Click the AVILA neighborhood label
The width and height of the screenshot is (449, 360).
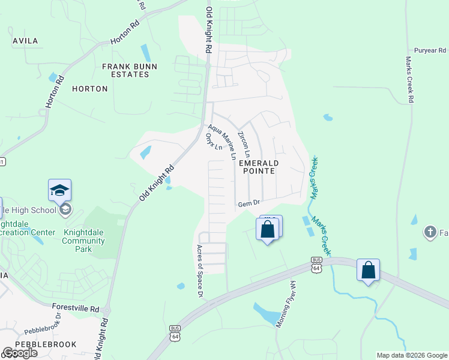coord(25,41)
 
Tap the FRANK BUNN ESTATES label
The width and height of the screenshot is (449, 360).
coord(125,70)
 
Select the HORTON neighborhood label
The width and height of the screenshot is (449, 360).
coord(89,89)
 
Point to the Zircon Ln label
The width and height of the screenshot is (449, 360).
coord(244,145)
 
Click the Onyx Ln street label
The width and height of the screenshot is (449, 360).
coord(214,142)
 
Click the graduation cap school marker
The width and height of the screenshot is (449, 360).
coord(59,190)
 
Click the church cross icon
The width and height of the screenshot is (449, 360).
coord(429,232)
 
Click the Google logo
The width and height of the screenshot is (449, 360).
coord(20,353)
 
